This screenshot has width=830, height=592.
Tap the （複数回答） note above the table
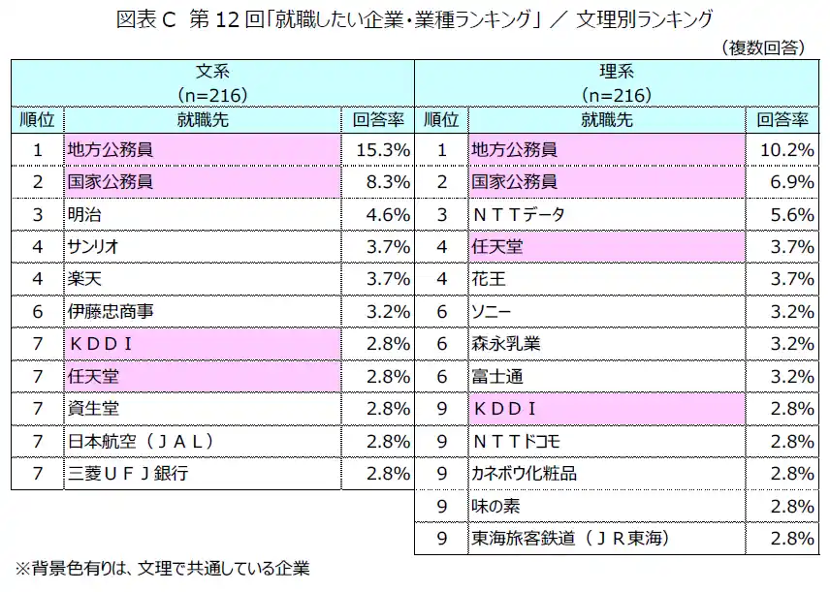click(x=764, y=46)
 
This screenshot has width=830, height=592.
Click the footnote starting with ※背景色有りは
click(x=160, y=570)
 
